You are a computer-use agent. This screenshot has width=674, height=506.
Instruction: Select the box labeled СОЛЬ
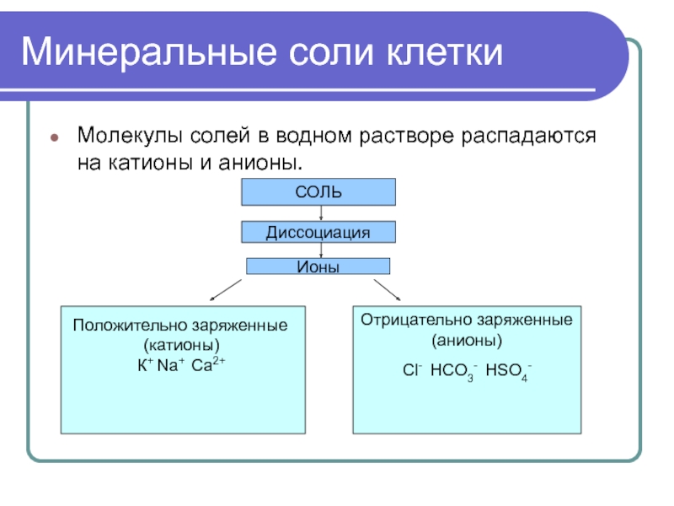point(318,192)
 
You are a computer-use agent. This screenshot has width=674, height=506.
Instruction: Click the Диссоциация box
point(318,232)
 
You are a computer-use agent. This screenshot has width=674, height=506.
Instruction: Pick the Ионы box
point(318,266)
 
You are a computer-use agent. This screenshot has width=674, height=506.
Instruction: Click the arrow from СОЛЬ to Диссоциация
point(321,213)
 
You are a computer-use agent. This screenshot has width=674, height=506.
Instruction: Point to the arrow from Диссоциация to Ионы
point(321,250)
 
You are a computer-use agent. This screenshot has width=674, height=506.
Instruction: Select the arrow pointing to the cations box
point(226,289)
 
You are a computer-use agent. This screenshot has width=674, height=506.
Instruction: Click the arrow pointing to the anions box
point(387,289)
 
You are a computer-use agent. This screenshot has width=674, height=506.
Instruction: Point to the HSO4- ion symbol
point(508,370)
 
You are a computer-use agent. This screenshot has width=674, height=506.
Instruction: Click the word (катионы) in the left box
point(181,345)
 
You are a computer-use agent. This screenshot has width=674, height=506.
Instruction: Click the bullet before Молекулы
point(54,137)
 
